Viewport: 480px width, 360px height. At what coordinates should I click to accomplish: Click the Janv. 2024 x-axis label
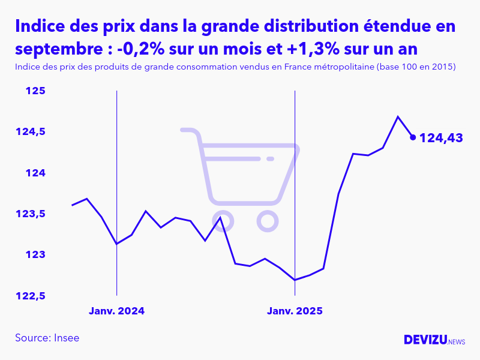tap(117, 311)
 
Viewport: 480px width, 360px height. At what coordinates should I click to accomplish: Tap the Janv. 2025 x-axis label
tap(295, 311)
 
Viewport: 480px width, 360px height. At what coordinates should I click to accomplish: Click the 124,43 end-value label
tap(441, 138)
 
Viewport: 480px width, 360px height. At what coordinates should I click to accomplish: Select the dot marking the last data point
tap(413, 137)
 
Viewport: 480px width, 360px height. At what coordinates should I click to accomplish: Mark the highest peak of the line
tap(398, 116)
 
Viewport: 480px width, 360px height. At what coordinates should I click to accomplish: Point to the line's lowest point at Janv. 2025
tap(295, 280)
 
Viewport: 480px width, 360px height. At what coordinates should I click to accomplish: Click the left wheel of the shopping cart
tap(223, 221)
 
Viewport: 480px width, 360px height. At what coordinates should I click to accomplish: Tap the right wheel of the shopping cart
tap(267, 221)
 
